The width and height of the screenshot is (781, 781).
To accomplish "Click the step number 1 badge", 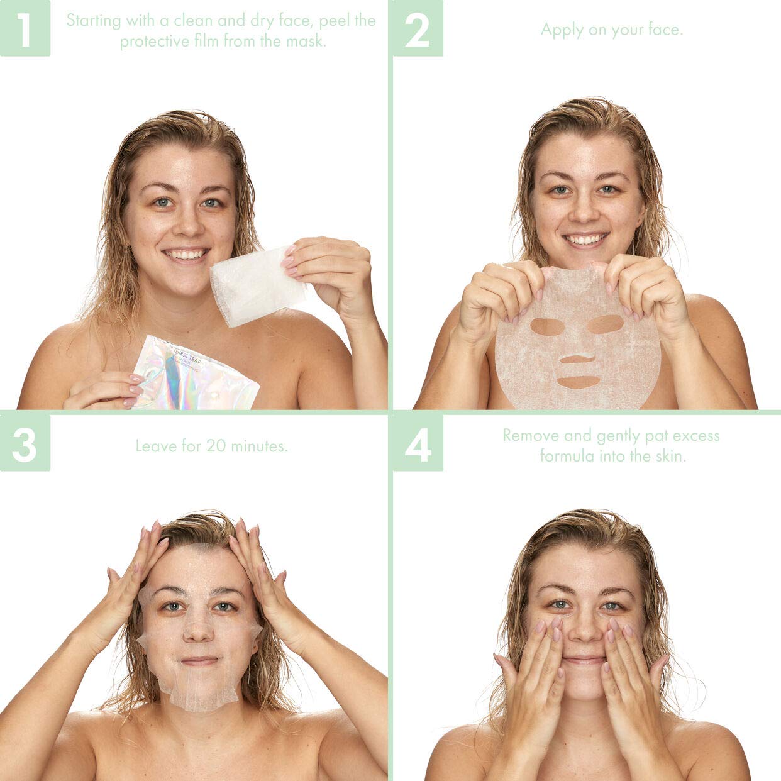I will pos(25,28).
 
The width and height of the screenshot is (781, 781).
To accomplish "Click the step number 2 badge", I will pos(418,28).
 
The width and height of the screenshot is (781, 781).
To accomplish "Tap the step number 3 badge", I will pos(25,443).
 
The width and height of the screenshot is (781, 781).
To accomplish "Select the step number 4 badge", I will pos(418,443).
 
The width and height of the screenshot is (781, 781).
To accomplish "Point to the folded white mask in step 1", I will pos(255,286).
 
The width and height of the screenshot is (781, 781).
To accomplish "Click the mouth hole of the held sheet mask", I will pos(577,382).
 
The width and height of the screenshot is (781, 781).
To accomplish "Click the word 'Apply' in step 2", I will pos(562,30).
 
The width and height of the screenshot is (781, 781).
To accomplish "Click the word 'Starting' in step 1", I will pos(93,20).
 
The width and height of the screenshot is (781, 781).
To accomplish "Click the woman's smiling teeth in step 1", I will pos(186,255).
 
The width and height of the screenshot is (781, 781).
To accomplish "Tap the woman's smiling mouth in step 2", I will pos(585,240).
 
